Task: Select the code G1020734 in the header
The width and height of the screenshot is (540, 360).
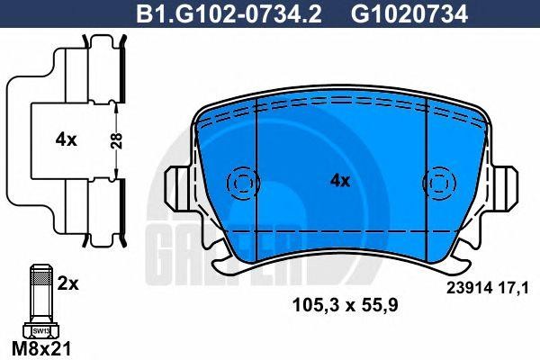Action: pyautogui.click(x=395, y=15)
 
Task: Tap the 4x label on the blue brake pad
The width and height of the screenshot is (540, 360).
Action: pyautogui.click(x=339, y=181)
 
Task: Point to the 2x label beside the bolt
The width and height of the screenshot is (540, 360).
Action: pyautogui.click(x=68, y=283)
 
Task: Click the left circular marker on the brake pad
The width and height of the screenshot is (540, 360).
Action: pyautogui.click(x=240, y=183)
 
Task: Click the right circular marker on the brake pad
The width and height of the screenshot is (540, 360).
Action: pyautogui.click(x=438, y=183)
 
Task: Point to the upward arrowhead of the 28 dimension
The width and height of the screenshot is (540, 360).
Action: pyautogui.click(x=118, y=108)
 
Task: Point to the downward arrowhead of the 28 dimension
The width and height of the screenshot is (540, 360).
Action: pyautogui.click(x=118, y=174)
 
